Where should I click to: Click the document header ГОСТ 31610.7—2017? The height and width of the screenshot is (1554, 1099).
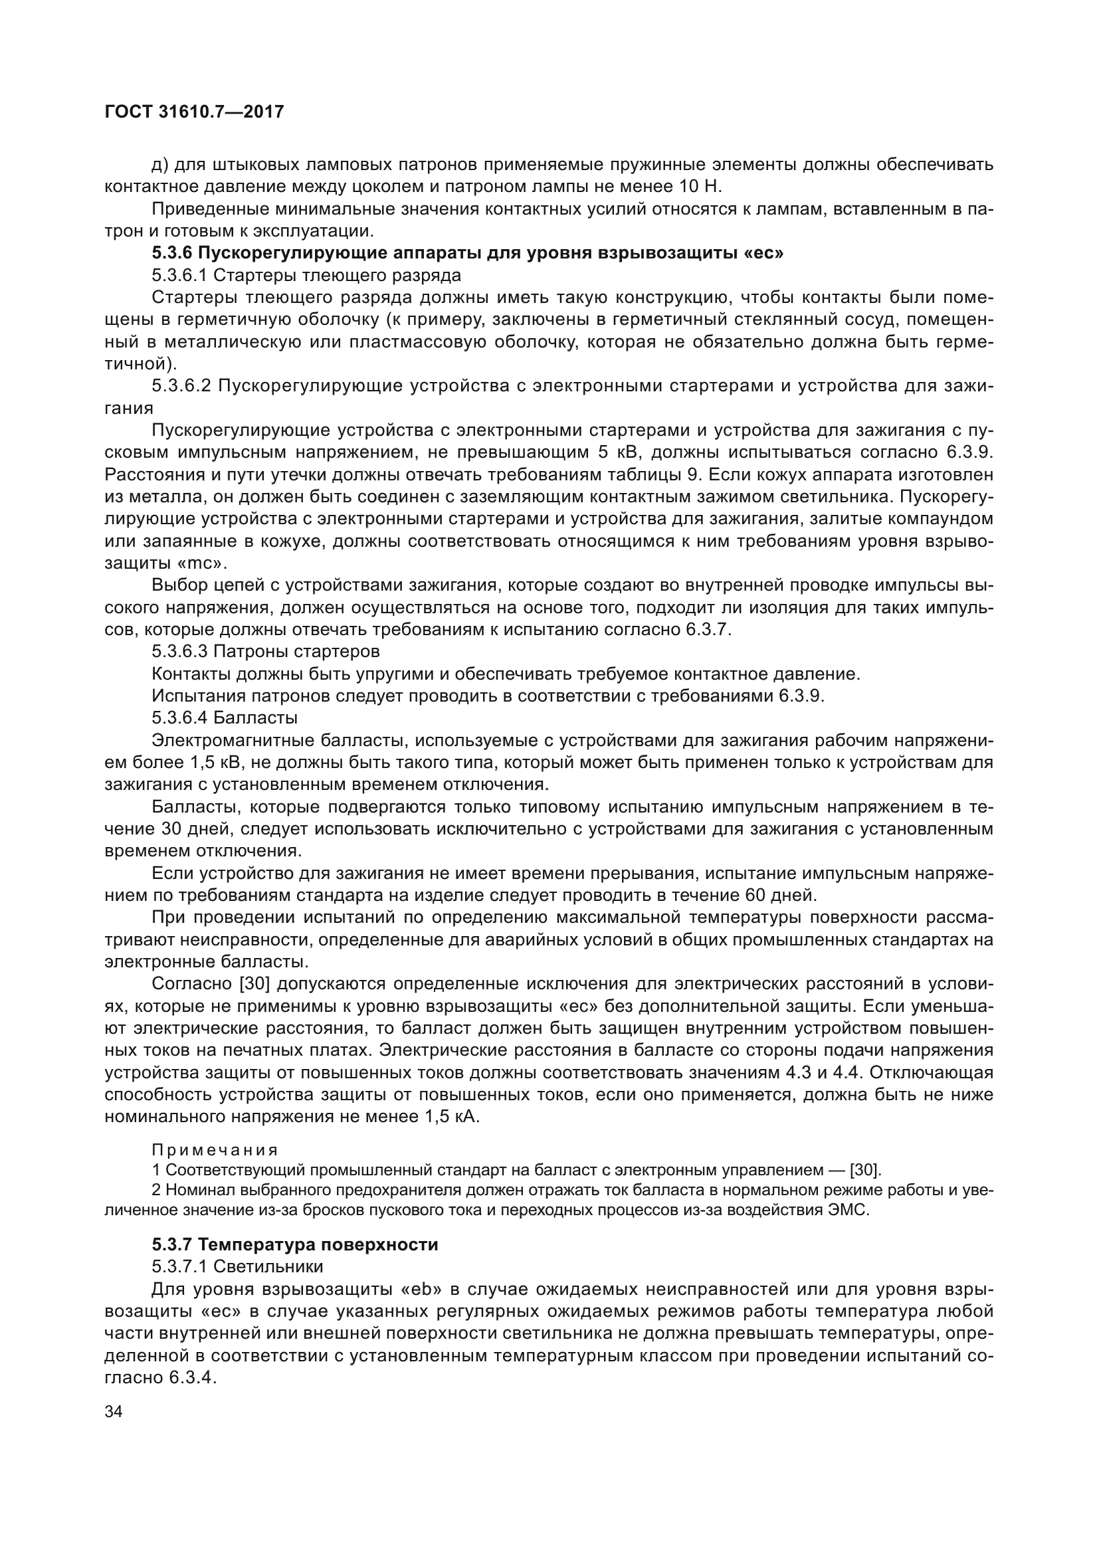(194, 112)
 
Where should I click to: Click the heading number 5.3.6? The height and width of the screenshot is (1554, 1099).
(173, 253)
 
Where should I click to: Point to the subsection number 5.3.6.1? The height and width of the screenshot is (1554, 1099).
(182, 276)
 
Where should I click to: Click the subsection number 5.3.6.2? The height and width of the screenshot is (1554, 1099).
(182, 386)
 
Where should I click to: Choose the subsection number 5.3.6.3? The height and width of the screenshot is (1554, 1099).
(182, 651)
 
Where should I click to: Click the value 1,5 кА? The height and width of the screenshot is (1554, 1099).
(450, 1116)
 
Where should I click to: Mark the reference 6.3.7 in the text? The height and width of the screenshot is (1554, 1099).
(708, 629)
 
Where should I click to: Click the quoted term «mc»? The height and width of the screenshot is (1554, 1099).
(206, 563)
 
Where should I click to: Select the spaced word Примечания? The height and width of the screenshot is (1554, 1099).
(215, 1150)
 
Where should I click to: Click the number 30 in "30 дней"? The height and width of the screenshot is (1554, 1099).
(174, 828)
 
